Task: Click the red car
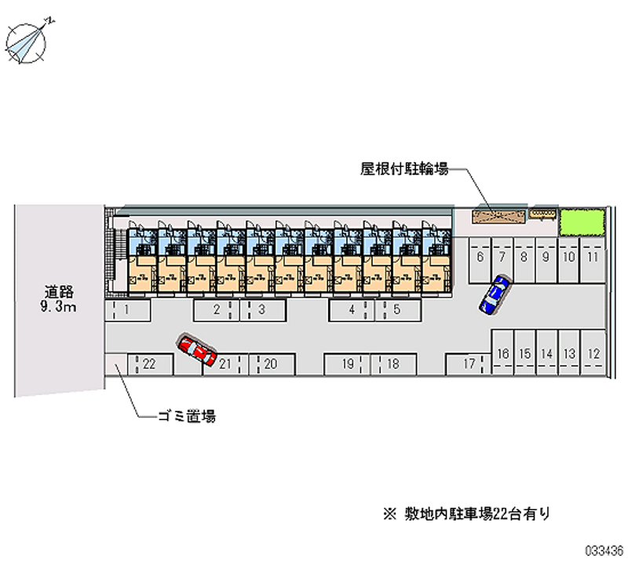(x=197, y=350)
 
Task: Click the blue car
(x=494, y=295)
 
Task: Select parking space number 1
(x=126, y=310)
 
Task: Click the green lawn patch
(x=581, y=223)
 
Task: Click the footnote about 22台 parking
(x=466, y=514)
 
